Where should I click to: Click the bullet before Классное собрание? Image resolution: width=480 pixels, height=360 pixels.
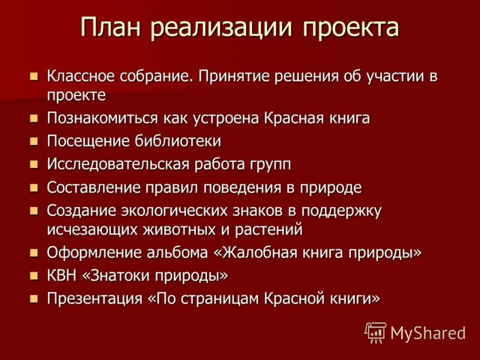pos(34,77)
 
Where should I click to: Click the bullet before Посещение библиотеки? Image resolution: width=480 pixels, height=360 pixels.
pos(34,142)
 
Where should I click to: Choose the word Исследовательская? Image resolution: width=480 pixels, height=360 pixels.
pos(118,164)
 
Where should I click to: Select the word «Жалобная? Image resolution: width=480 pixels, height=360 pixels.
pos(255,252)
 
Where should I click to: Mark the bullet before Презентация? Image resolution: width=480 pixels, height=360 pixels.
pos(34,298)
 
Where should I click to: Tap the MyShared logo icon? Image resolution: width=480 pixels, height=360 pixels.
pos(376,332)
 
